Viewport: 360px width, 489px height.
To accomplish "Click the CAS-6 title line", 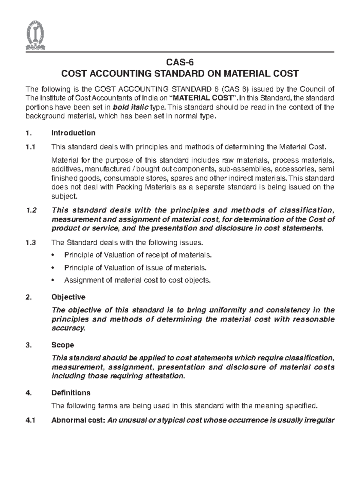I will [x=180, y=62].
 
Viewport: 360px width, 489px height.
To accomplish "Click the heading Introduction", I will [x=73, y=133].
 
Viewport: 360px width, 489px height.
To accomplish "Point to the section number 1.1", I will [x=30, y=147].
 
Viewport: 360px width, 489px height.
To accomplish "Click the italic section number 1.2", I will [x=31, y=210].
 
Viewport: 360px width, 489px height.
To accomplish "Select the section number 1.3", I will [x=31, y=243].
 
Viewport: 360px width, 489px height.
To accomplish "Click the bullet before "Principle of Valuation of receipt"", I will [x=53, y=255].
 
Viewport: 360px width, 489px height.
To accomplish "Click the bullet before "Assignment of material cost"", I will [x=53, y=280].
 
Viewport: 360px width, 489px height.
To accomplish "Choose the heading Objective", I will [x=68, y=297].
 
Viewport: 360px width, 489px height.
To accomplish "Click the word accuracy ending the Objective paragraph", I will [x=68, y=328].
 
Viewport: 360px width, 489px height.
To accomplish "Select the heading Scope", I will [x=63, y=345].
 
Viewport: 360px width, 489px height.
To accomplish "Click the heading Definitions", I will [x=71, y=393].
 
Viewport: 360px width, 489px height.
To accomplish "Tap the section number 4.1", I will [x=30, y=420].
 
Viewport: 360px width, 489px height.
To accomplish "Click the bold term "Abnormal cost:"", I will [x=78, y=420].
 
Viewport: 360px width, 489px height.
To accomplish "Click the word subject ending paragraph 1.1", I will [x=64, y=196].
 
